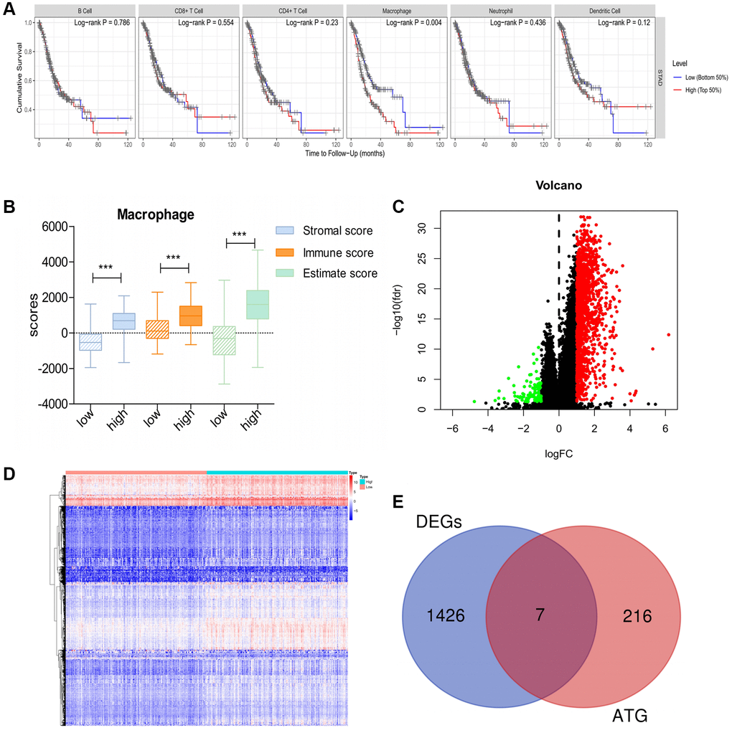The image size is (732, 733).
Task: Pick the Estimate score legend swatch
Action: [288, 273]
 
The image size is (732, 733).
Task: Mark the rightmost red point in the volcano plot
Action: [668, 334]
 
